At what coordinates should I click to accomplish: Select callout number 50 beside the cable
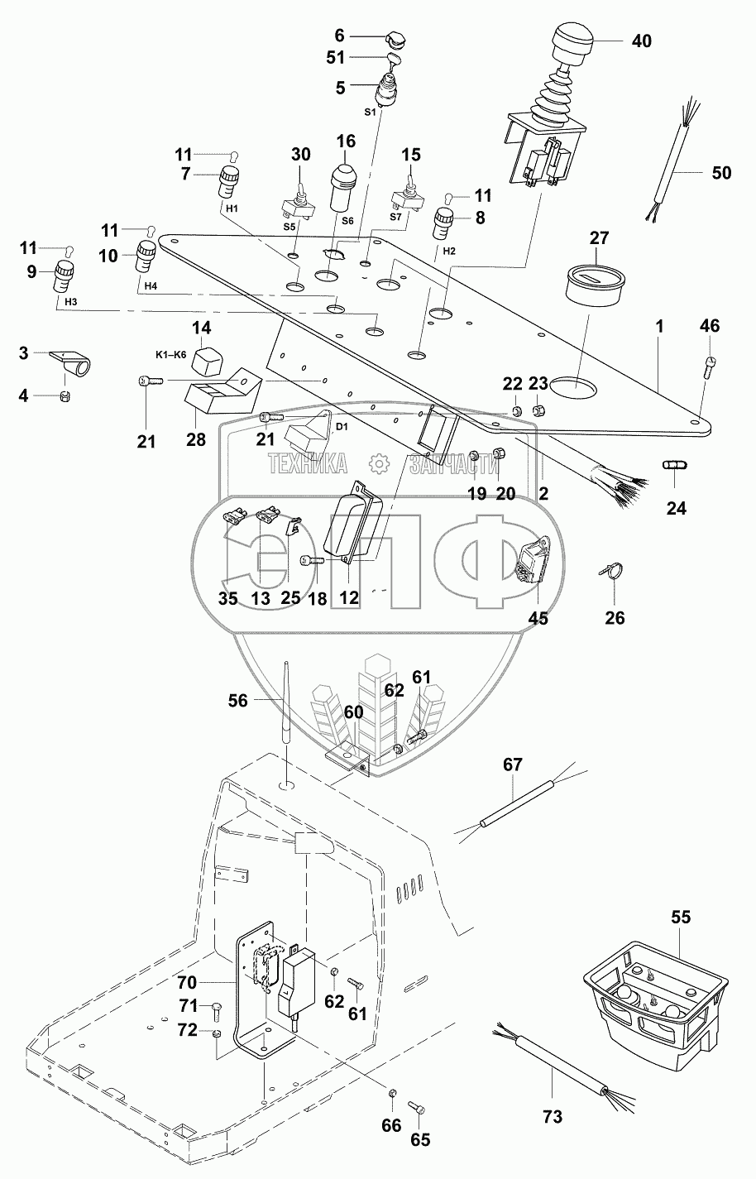click(721, 173)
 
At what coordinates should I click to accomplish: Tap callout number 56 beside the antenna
click(237, 701)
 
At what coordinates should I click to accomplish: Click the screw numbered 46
click(711, 366)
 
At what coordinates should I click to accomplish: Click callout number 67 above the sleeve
click(513, 764)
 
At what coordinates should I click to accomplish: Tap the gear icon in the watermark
click(378, 465)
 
